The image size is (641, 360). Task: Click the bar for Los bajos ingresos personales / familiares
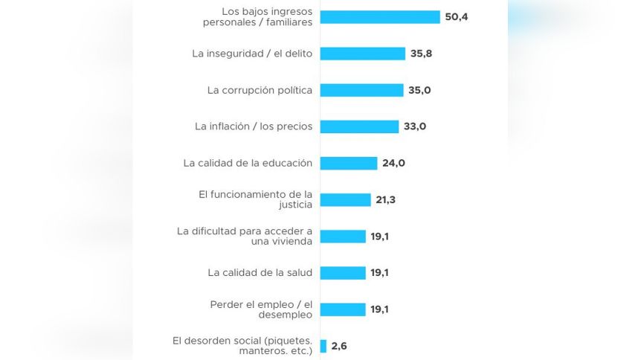[380, 16]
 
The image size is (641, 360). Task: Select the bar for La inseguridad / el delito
[363, 54]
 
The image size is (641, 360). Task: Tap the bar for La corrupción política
[362, 90]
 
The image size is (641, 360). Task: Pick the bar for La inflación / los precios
[360, 126]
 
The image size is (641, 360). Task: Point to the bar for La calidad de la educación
[349, 163]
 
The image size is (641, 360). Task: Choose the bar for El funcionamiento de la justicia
[346, 199]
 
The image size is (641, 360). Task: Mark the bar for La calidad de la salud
[343, 272]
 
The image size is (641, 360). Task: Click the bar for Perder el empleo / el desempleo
[343, 309]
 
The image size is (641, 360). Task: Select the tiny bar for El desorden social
[323, 346]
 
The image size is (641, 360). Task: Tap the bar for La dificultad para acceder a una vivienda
[343, 236]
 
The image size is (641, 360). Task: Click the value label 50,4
[456, 16]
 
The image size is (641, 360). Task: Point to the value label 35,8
[422, 54]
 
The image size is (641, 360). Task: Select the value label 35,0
[419, 90]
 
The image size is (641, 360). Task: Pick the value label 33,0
[415, 126]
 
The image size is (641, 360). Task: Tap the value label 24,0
[393, 163]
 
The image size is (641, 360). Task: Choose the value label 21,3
[386, 199]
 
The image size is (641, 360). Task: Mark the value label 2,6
[339, 346]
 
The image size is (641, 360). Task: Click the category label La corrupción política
[260, 90]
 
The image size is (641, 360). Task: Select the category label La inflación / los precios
[254, 126]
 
